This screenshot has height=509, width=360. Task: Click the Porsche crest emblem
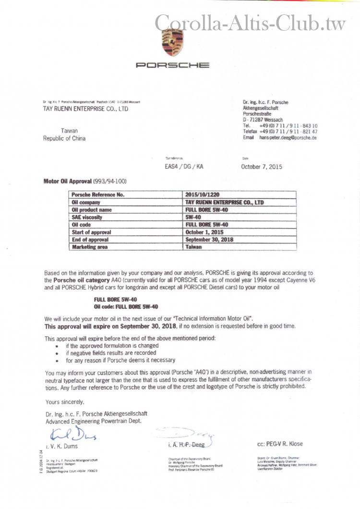pyautogui.click(x=172, y=42)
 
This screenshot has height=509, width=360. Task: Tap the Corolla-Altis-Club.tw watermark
pyautogui.click(x=250, y=22)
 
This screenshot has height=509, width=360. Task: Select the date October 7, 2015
pyautogui.click(x=262, y=167)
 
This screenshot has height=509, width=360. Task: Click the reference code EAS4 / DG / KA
pyautogui.click(x=184, y=167)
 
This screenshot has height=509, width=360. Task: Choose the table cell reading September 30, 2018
pyautogui.click(x=209, y=239)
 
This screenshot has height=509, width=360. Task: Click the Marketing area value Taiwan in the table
pyautogui.click(x=193, y=247)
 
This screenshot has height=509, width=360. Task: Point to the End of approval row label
pyautogui.click(x=90, y=239)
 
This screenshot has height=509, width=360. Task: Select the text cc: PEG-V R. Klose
pyautogui.click(x=280, y=444)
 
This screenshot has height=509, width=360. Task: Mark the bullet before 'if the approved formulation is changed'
pyautogui.click(x=58, y=346)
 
